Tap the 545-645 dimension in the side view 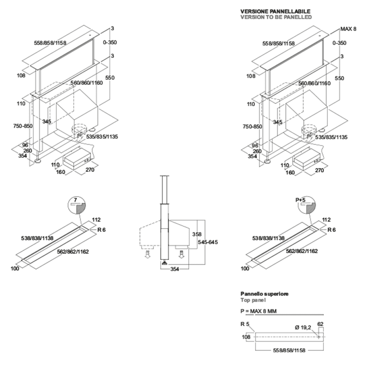point(207,242)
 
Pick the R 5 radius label point(245,324)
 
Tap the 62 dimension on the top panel point(320,324)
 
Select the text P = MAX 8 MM point(259,311)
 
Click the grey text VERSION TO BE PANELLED point(276,17)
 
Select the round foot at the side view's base point(165,263)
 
